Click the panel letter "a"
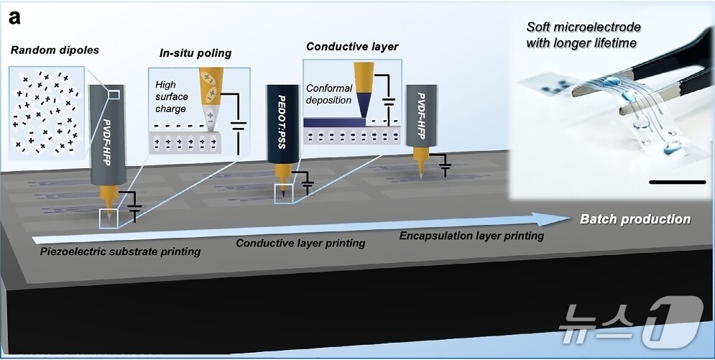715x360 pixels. click(14, 18)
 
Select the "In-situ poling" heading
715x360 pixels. click(195, 53)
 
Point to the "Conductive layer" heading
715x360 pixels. click(352, 47)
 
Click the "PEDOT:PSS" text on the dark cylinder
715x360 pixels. click(282, 123)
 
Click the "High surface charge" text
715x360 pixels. click(171, 96)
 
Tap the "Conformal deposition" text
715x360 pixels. click(329, 93)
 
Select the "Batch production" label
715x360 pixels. click(635, 219)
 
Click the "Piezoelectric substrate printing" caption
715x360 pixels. click(121, 251)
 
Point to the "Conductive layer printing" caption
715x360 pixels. click(300, 243)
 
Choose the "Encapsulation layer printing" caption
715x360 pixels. click(471, 236)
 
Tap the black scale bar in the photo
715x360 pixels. click(677, 182)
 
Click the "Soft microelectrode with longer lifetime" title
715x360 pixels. click(583, 35)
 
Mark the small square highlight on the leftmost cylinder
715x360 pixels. click(113, 94)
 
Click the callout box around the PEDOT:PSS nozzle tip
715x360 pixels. click(284, 194)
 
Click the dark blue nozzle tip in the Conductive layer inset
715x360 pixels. click(363, 107)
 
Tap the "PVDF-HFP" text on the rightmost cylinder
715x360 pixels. click(421, 117)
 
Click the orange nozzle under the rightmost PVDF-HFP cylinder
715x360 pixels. click(421, 162)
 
